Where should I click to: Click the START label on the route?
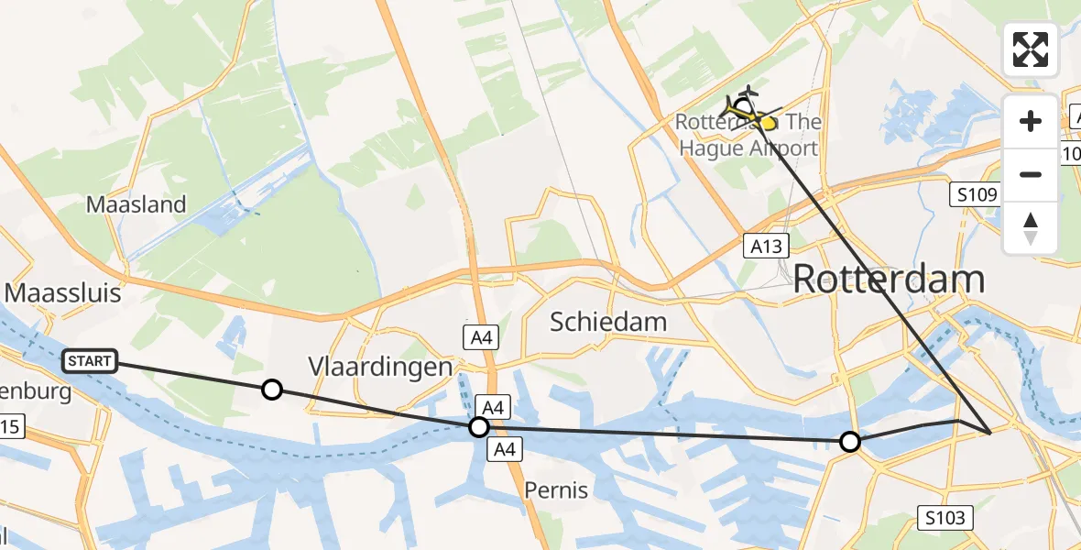coord(90,361)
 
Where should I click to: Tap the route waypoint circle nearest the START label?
coord(271,390)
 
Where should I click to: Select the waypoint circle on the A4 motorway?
coord(479,426)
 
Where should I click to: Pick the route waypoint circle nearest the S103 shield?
coord(850,442)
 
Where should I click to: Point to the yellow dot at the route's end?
coord(768,122)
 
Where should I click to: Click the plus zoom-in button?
coord(1031,121)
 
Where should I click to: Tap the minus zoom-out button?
coord(1031,174)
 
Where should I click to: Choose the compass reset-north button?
coord(1031,228)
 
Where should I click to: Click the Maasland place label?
coord(136,204)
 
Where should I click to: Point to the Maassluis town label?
coord(64,292)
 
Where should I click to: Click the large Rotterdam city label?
coord(889,279)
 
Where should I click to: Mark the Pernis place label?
coord(556,490)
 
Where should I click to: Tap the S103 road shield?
coord(945,519)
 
